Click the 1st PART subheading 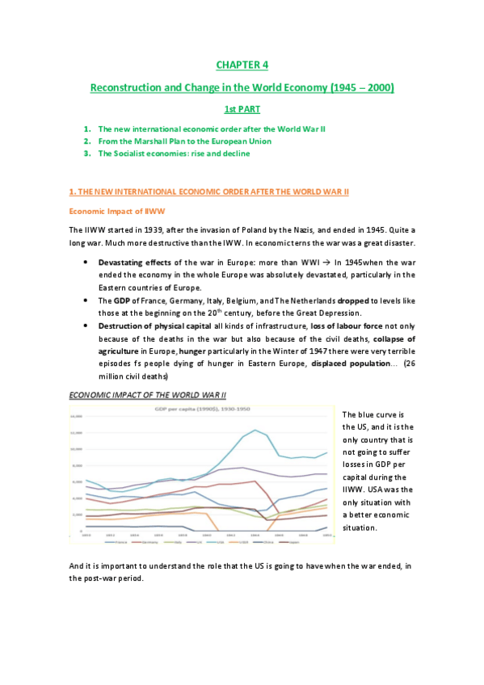tap(242, 107)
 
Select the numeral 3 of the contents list tap(86, 153)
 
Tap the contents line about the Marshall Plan tap(184, 141)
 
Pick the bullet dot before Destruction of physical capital tap(86, 325)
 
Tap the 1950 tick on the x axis tap(326, 534)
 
